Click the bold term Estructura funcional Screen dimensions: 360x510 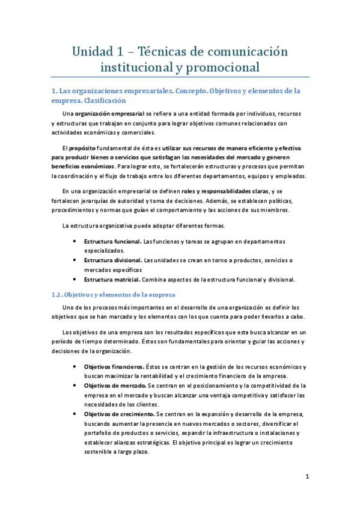click(x=112, y=241)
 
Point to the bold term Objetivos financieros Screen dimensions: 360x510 click(x=114, y=366)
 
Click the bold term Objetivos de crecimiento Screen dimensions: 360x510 click(x=119, y=414)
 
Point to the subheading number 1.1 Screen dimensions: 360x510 click(x=56, y=295)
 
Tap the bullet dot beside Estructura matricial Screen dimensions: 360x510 click(x=73, y=279)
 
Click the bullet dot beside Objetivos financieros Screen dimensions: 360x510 click(x=73, y=366)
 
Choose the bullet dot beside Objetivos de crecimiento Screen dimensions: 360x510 click(x=73, y=414)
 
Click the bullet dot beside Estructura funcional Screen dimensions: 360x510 click(x=73, y=241)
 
